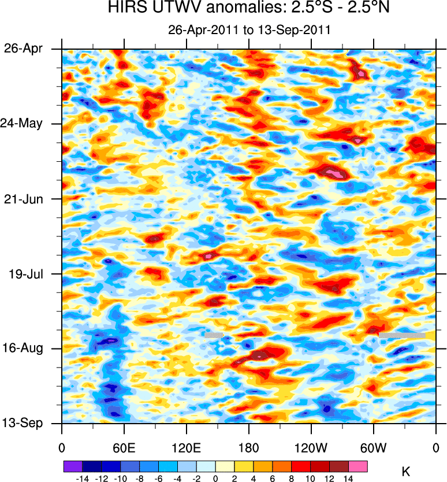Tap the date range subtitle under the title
tap(248, 30)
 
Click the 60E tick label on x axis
tap(124, 448)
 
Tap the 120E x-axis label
tap(187, 448)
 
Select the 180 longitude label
tap(249, 448)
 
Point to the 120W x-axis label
tap(311, 448)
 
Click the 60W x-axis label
tap(374, 448)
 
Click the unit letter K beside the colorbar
tap(406, 472)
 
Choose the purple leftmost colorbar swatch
tap(73, 465)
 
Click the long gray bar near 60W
tap(402, 335)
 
